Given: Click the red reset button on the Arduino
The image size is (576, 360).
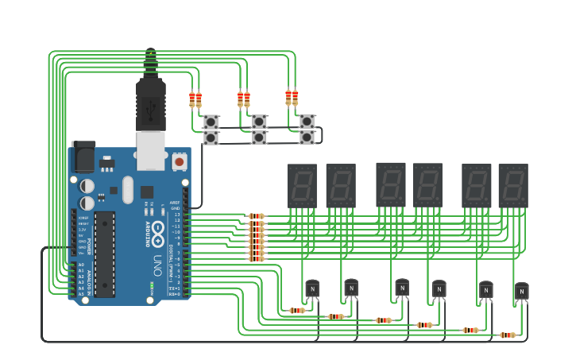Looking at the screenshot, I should [180, 161].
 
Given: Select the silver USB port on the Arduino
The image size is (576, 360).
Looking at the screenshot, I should [150, 150].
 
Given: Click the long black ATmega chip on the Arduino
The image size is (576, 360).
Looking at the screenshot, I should [104, 254].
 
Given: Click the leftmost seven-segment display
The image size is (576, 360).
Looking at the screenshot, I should [302, 186].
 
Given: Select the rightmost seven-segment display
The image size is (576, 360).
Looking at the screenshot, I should [513, 186].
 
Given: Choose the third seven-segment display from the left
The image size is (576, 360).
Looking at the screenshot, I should [391, 184].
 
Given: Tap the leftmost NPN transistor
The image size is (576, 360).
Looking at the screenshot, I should [312, 289].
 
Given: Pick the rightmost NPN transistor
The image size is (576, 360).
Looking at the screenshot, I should [521, 292].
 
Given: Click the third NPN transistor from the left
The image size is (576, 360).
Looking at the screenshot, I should [402, 288].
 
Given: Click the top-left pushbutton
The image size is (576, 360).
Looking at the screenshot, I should [211, 122].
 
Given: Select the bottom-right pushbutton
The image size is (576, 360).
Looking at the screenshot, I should [307, 137].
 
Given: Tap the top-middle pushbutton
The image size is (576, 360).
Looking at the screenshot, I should [259, 122].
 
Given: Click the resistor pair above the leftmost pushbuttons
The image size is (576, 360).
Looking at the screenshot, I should [195, 99].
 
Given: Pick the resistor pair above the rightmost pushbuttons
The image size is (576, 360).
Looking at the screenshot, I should [292, 97].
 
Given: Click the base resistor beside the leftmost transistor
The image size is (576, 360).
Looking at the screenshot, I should [297, 311].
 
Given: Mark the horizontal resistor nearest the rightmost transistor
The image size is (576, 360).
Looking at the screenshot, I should [507, 335].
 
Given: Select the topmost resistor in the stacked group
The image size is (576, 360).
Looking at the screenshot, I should [256, 216].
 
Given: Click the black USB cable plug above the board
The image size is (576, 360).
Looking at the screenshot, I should [150, 103].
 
